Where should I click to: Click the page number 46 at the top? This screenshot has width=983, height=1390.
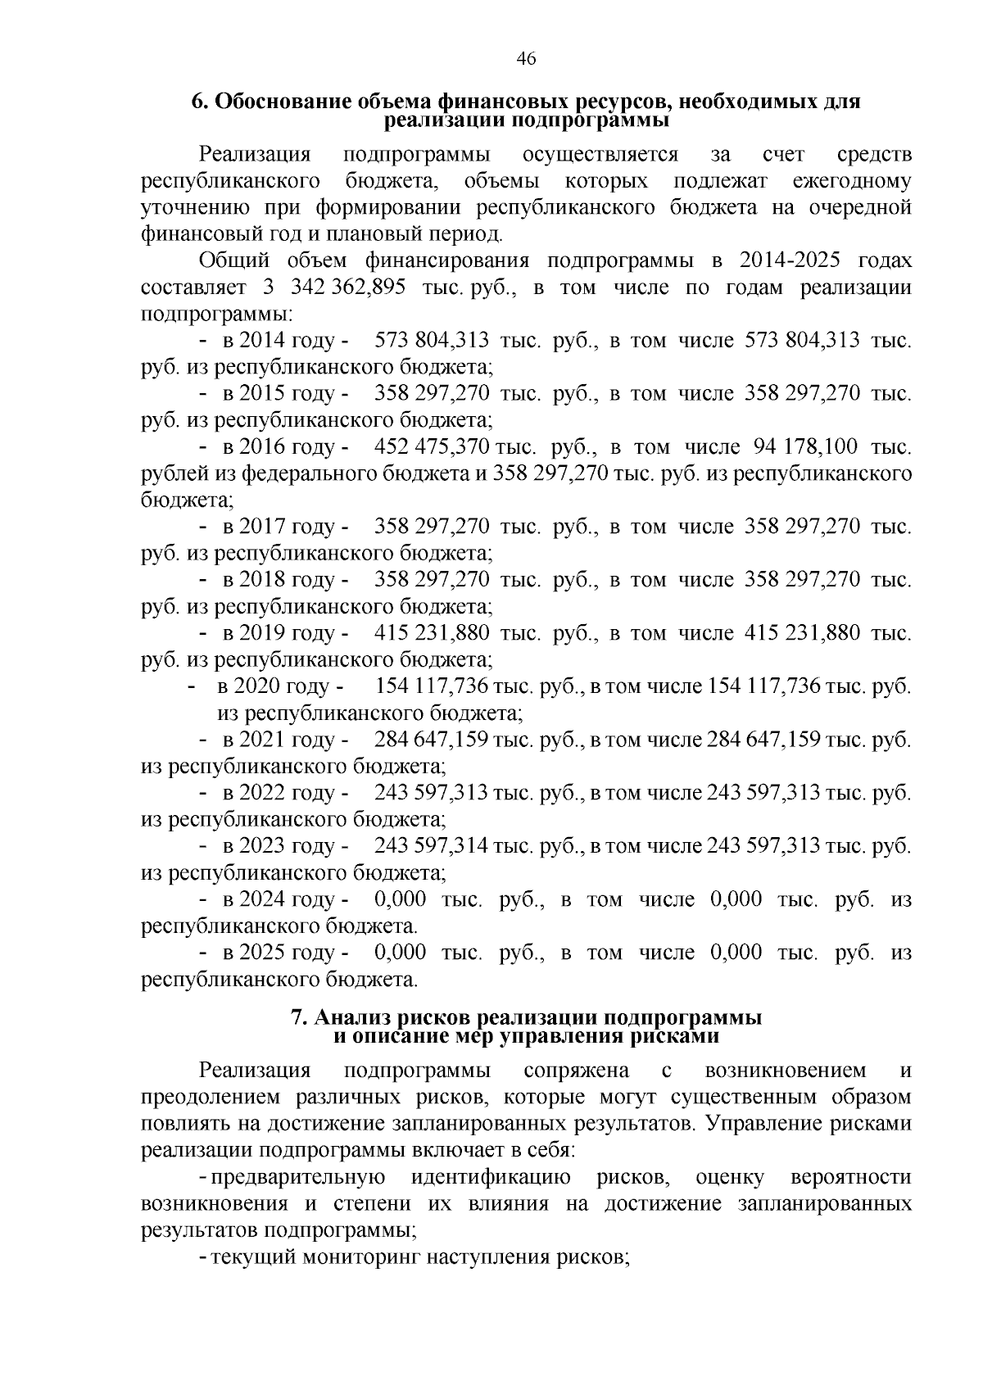526,58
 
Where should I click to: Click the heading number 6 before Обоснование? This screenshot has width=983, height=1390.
197,102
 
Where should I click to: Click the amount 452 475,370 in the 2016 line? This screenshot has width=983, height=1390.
432,447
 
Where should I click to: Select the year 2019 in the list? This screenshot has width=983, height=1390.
262,633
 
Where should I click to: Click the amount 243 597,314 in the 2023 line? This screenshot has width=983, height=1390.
432,845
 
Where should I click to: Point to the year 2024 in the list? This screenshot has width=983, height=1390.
262,899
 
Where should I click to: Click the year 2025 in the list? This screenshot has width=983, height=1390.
262,953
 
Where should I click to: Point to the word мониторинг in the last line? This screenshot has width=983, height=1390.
360,1257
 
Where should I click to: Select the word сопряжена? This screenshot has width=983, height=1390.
576,1071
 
